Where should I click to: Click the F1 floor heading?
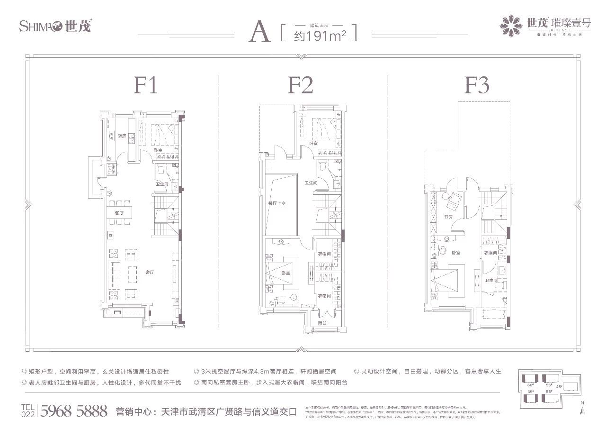pos(145,86)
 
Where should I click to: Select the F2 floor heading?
pos(300,86)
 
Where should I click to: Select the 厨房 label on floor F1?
pos(122,136)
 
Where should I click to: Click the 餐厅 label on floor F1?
pos(119,213)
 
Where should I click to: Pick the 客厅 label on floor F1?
pos(150,273)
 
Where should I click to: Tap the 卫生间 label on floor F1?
pos(162,184)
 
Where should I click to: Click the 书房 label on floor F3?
pos(448,217)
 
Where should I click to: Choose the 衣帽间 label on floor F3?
pos(490,253)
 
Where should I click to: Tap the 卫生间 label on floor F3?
pos(490,281)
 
